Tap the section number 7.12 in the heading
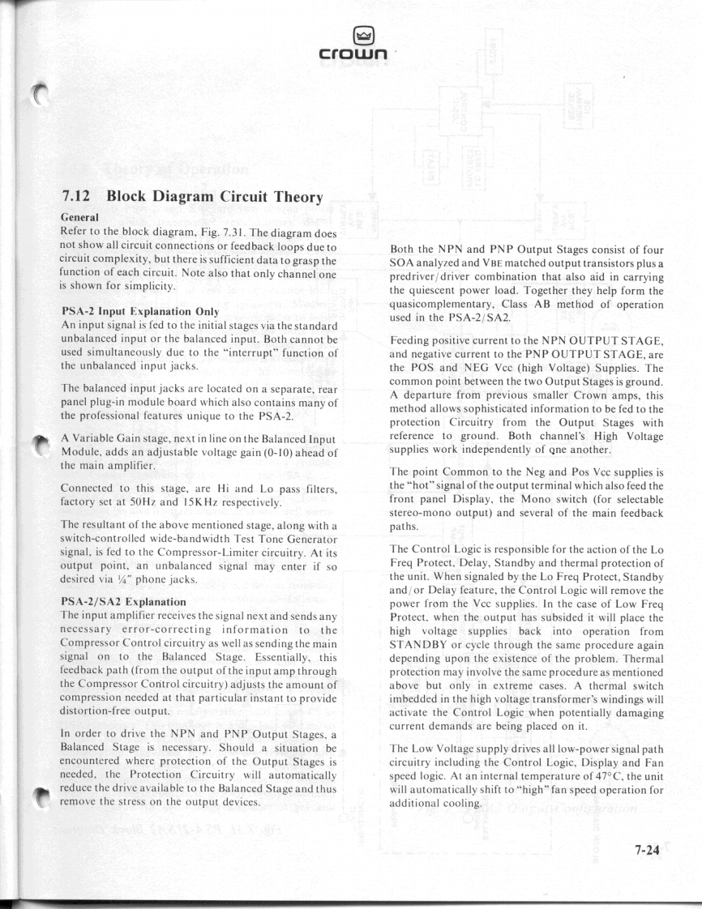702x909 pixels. (79, 197)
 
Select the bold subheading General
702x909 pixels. (81, 217)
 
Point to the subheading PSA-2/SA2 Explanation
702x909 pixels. (124, 602)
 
